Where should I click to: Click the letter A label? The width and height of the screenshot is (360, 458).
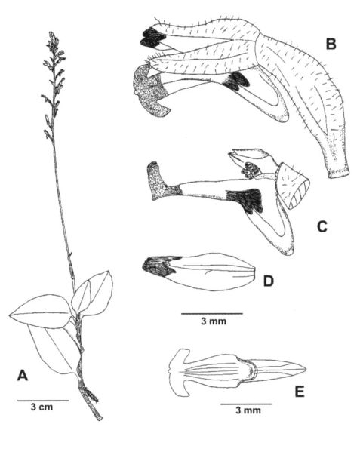click(x=23, y=375)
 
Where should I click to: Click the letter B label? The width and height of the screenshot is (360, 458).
click(x=331, y=44)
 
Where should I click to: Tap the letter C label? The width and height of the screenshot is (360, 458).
click(x=322, y=226)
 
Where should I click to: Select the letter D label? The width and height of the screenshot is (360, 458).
click(x=268, y=281)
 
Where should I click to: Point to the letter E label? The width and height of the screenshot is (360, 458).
click(x=300, y=392)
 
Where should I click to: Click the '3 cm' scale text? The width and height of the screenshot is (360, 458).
click(x=42, y=407)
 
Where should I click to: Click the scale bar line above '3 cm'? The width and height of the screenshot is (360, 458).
click(x=43, y=401)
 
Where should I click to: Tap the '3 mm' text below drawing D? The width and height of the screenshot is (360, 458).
click(x=214, y=321)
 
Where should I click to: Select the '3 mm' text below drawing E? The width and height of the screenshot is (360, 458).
click(x=248, y=410)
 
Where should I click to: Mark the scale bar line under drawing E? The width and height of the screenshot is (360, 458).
click(x=246, y=404)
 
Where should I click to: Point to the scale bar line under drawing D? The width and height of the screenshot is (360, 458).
click(x=212, y=314)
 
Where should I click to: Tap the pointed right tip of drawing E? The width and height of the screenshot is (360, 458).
click(x=306, y=369)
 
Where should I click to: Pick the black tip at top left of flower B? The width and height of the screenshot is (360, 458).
click(x=152, y=38)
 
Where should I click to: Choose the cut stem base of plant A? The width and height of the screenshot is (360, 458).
click(x=99, y=418)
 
